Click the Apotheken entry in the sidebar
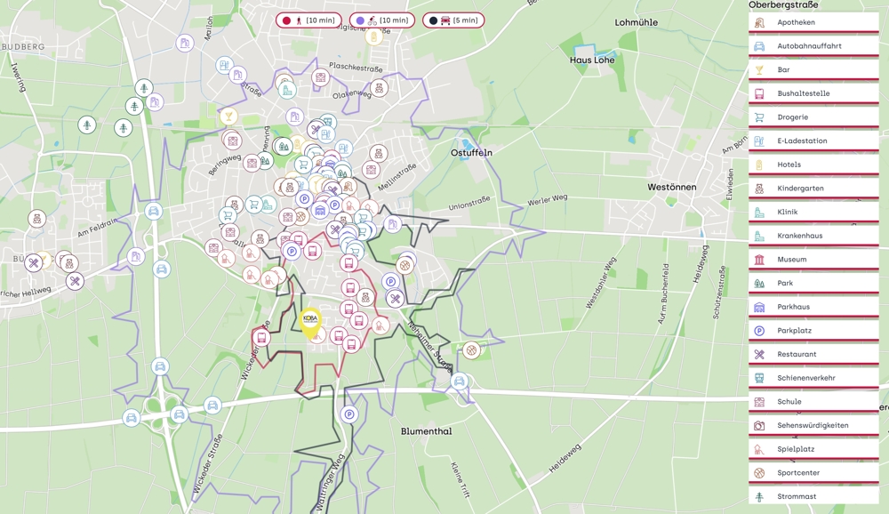click(813, 22)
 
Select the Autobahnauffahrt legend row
click(813, 46)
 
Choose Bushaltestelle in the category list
click(813, 93)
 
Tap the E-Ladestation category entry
click(813, 141)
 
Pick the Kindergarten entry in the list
click(813, 189)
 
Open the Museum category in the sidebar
click(813, 260)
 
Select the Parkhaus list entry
click(813, 307)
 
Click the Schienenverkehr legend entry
click(813, 378)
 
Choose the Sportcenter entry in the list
click(813, 473)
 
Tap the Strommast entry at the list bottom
click(813, 496)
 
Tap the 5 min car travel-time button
click(453, 20)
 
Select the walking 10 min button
click(308, 20)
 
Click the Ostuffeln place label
click(471, 153)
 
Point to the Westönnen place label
click(672, 188)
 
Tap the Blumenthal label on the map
click(426, 431)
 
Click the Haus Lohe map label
click(592, 60)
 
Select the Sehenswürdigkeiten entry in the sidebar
click(813, 425)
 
